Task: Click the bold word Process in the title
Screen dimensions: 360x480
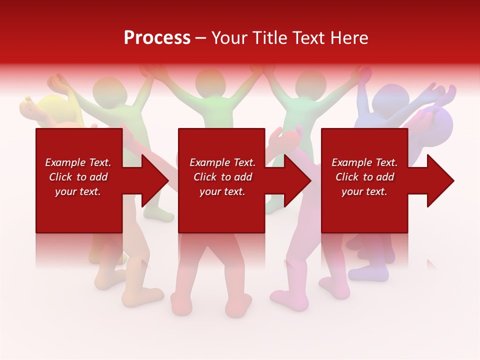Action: (x=157, y=38)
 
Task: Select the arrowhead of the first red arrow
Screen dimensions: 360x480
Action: (x=155, y=180)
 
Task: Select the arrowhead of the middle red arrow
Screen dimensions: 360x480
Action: (x=298, y=180)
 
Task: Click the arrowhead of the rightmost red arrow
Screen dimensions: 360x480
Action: (x=440, y=180)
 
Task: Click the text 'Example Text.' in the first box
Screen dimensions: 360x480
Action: (x=78, y=162)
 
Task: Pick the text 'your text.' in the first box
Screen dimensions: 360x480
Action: (x=78, y=191)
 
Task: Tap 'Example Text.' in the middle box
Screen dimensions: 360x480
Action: (x=222, y=162)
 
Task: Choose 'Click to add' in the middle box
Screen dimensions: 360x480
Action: (x=222, y=177)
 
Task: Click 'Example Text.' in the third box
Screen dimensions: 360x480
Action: (x=364, y=162)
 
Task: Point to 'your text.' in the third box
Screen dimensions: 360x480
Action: (x=364, y=191)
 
